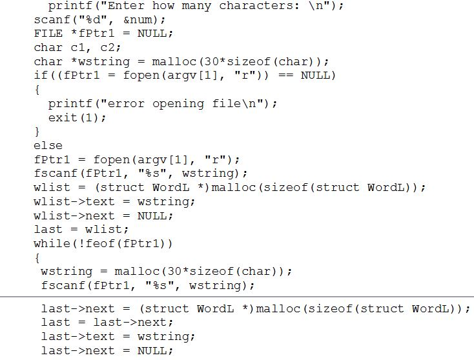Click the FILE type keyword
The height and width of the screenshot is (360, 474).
tap(48, 34)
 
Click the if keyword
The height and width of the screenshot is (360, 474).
tap(41, 75)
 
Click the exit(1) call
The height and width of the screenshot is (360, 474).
tap(77, 117)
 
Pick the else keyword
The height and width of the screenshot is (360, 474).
tap(48, 146)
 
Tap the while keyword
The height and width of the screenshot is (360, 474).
tap(52, 243)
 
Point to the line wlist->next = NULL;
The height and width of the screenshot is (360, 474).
tap(104, 215)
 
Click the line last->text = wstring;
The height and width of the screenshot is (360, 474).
tap(118, 336)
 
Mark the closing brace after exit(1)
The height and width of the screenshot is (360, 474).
tap(37, 132)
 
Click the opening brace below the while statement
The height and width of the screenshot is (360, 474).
tap(37, 257)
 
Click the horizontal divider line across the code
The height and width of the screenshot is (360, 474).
tap(237, 296)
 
